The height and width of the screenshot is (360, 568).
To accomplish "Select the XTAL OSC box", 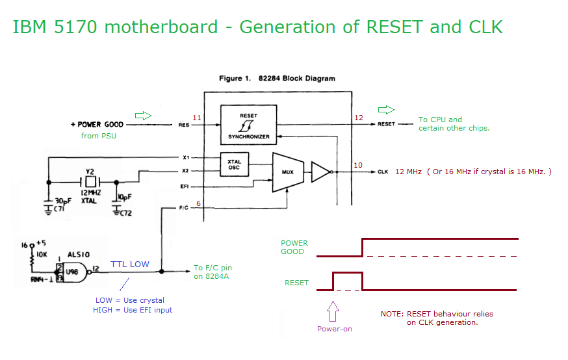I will tap(234, 164).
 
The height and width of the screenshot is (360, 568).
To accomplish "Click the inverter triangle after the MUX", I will tap(321, 172).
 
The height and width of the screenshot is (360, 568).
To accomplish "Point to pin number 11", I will tap(197, 118).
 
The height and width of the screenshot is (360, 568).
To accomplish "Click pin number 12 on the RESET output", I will tap(358, 118).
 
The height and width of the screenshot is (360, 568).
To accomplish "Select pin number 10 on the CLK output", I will tap(357, 165).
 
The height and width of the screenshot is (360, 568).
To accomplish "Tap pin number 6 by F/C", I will tap(198, 204).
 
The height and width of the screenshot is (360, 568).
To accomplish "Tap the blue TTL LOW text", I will tap(129, 264).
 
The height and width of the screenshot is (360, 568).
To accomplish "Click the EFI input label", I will tap(185, 187).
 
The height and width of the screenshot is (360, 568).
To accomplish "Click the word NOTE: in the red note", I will tap(393, 314).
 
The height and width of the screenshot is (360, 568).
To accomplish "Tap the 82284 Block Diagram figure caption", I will tap(277, 79).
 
